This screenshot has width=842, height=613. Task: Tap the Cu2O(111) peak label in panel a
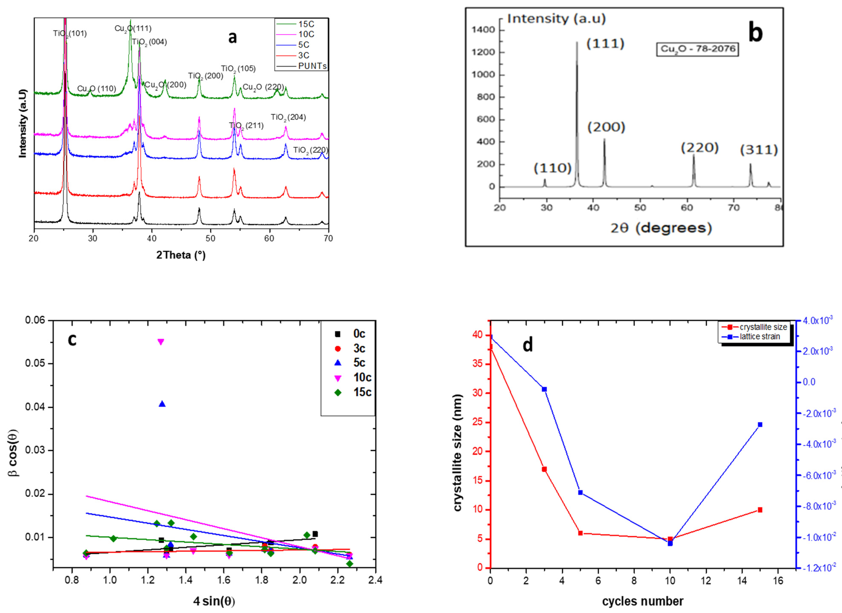click(x=133, y=28)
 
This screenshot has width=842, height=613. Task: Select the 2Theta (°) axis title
click(x=181, y=255)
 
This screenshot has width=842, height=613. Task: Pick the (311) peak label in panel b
click(x=759, y=150)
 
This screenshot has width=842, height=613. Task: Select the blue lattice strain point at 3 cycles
click(x=544, y=389)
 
